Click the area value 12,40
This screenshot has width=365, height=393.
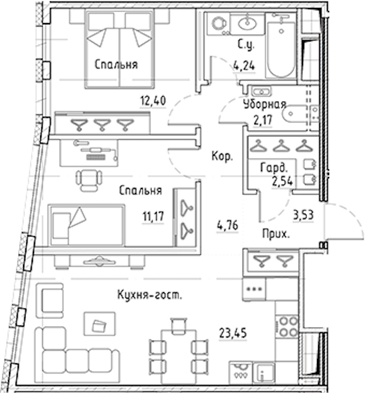pyautogui.click(x=153, y=101)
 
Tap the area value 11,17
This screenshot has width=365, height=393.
pyautogui.click(x=153, y=216)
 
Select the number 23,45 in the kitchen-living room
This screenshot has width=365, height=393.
pyautogui.click(x=233, y=333)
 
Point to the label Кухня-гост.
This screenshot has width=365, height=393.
pyautogui.click(x=150, y=294)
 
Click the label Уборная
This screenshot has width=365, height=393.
pyautogui.click(x=265, y=105)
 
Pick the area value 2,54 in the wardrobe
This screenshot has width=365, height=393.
pyautogui.click(x=282, y=181)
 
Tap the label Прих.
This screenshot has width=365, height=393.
pyautogui.click(x=276, y=234)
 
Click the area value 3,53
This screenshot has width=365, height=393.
pyautogui.click(x=304, y=215)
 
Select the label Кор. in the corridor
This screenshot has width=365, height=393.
pyautogui.click(x=223, y=157)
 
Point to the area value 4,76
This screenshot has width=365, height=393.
pyautogui.click(x=228, y=226)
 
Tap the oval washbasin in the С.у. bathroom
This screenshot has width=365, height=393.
pyautogui.click(x=248, y=24)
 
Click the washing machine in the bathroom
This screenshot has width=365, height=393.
pyautogui.click(x=218, y=24)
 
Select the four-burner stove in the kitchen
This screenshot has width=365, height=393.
pyautogui.click(x=287, y=326)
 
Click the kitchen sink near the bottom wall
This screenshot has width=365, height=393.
pyautogui.click(x=264, y=373)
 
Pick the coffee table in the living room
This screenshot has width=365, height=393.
pyautogui.click(x=100, y=324)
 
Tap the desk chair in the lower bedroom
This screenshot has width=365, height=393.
pyautogui.click(x=89, y=180)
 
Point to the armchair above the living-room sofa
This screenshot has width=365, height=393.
pyautogui.click(x=50, y=301)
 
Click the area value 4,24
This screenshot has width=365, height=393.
pyautogui.click(x=244, y=66)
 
